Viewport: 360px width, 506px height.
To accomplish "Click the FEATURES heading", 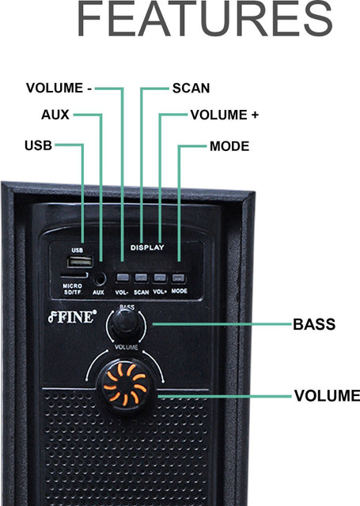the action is [205, 18].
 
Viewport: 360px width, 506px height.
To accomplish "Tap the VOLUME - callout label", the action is [59, 88].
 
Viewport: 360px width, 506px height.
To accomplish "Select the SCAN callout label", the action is [191, 88].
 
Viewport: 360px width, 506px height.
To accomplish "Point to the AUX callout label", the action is [55, 115].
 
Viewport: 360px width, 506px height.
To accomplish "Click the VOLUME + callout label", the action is [225, 115].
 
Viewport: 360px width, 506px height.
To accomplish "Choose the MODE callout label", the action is [229, 146].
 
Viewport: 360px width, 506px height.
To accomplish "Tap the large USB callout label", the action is [39, 145].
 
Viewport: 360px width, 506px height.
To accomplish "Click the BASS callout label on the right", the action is [314, 324].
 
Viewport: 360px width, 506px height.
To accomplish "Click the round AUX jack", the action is [100, 279].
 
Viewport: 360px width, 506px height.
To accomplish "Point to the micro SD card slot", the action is [74, 275].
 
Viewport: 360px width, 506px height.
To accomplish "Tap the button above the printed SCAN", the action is [141, 278].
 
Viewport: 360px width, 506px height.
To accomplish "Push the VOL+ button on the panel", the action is [160, 278].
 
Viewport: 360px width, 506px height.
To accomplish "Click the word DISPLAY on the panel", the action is [147, 247].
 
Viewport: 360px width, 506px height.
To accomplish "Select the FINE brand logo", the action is [72, 317].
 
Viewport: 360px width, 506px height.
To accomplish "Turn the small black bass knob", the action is [125, 324].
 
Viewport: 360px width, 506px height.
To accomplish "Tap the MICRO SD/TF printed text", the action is [72, 289].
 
